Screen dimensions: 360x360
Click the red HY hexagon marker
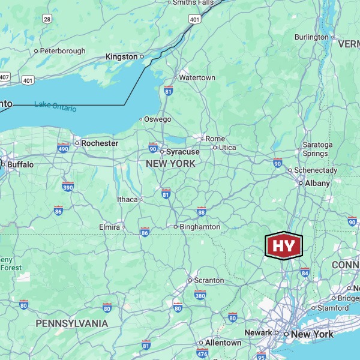[284, 245]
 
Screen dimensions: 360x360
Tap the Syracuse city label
[182, 152]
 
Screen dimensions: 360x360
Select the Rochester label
[100, 143]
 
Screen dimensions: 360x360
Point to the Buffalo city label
[20, 164]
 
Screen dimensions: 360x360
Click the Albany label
[317, 183]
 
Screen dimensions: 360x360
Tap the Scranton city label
[209, 280]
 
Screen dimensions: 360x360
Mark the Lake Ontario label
[55, 106]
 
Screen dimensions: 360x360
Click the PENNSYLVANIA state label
[72, 323]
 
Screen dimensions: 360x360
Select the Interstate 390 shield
[68, 187]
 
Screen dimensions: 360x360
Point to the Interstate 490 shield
[64, 148]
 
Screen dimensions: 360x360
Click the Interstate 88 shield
[202, 212]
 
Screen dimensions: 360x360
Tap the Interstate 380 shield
[200, 295]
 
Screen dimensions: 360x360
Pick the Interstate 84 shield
[305, 272]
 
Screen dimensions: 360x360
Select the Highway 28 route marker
[47, 19]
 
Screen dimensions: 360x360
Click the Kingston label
[121, 56]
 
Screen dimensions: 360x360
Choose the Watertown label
[197, 78]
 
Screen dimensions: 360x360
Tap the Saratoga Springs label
[317, 149]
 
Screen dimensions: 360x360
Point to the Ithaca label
[127, 199]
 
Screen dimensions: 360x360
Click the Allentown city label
[223, 343]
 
